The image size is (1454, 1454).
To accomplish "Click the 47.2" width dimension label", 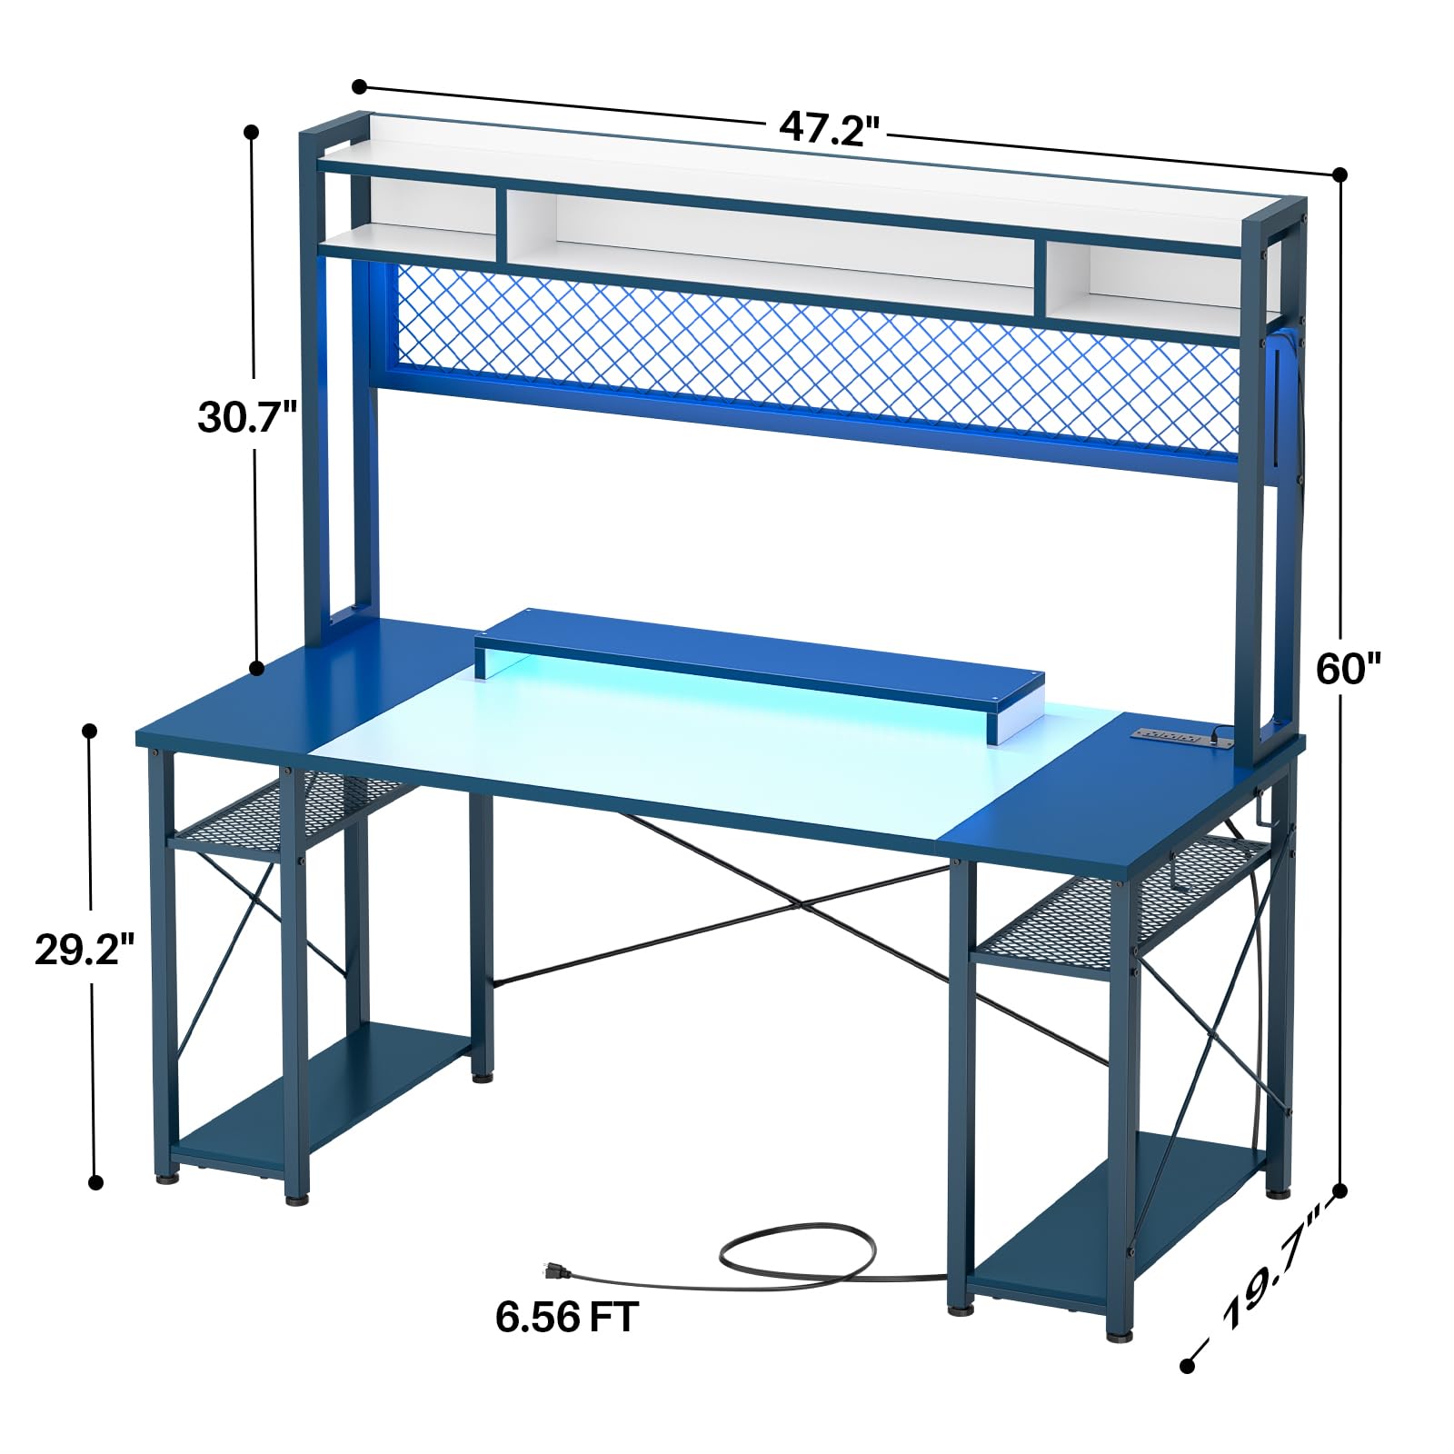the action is tap(830, 128).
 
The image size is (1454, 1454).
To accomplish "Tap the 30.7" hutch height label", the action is tap(248, 417).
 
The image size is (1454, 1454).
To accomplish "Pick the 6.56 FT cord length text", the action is tap(567, 1317).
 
